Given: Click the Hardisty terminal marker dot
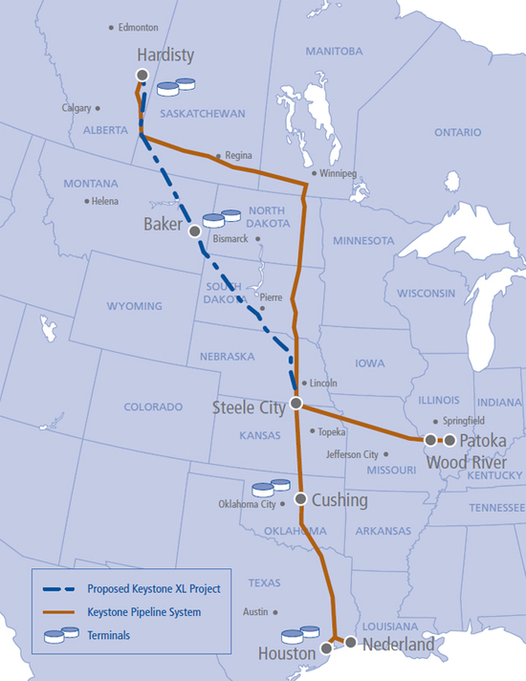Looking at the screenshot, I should (x=142, y=75).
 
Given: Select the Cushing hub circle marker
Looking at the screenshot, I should (x=300, y=499).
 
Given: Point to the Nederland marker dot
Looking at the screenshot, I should (x=351, y=644).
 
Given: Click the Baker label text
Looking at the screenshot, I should (x=162, y=225).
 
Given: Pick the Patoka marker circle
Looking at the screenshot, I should (x=449, y=440).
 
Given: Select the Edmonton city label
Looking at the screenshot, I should (x=138, y=29).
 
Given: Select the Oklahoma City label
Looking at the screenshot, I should (x=252, y=503).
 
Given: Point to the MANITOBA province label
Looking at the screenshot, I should (x=334, y=50).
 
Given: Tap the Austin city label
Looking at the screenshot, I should (x=255, y=611).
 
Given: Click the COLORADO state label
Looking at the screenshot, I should (x=153, y=406).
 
